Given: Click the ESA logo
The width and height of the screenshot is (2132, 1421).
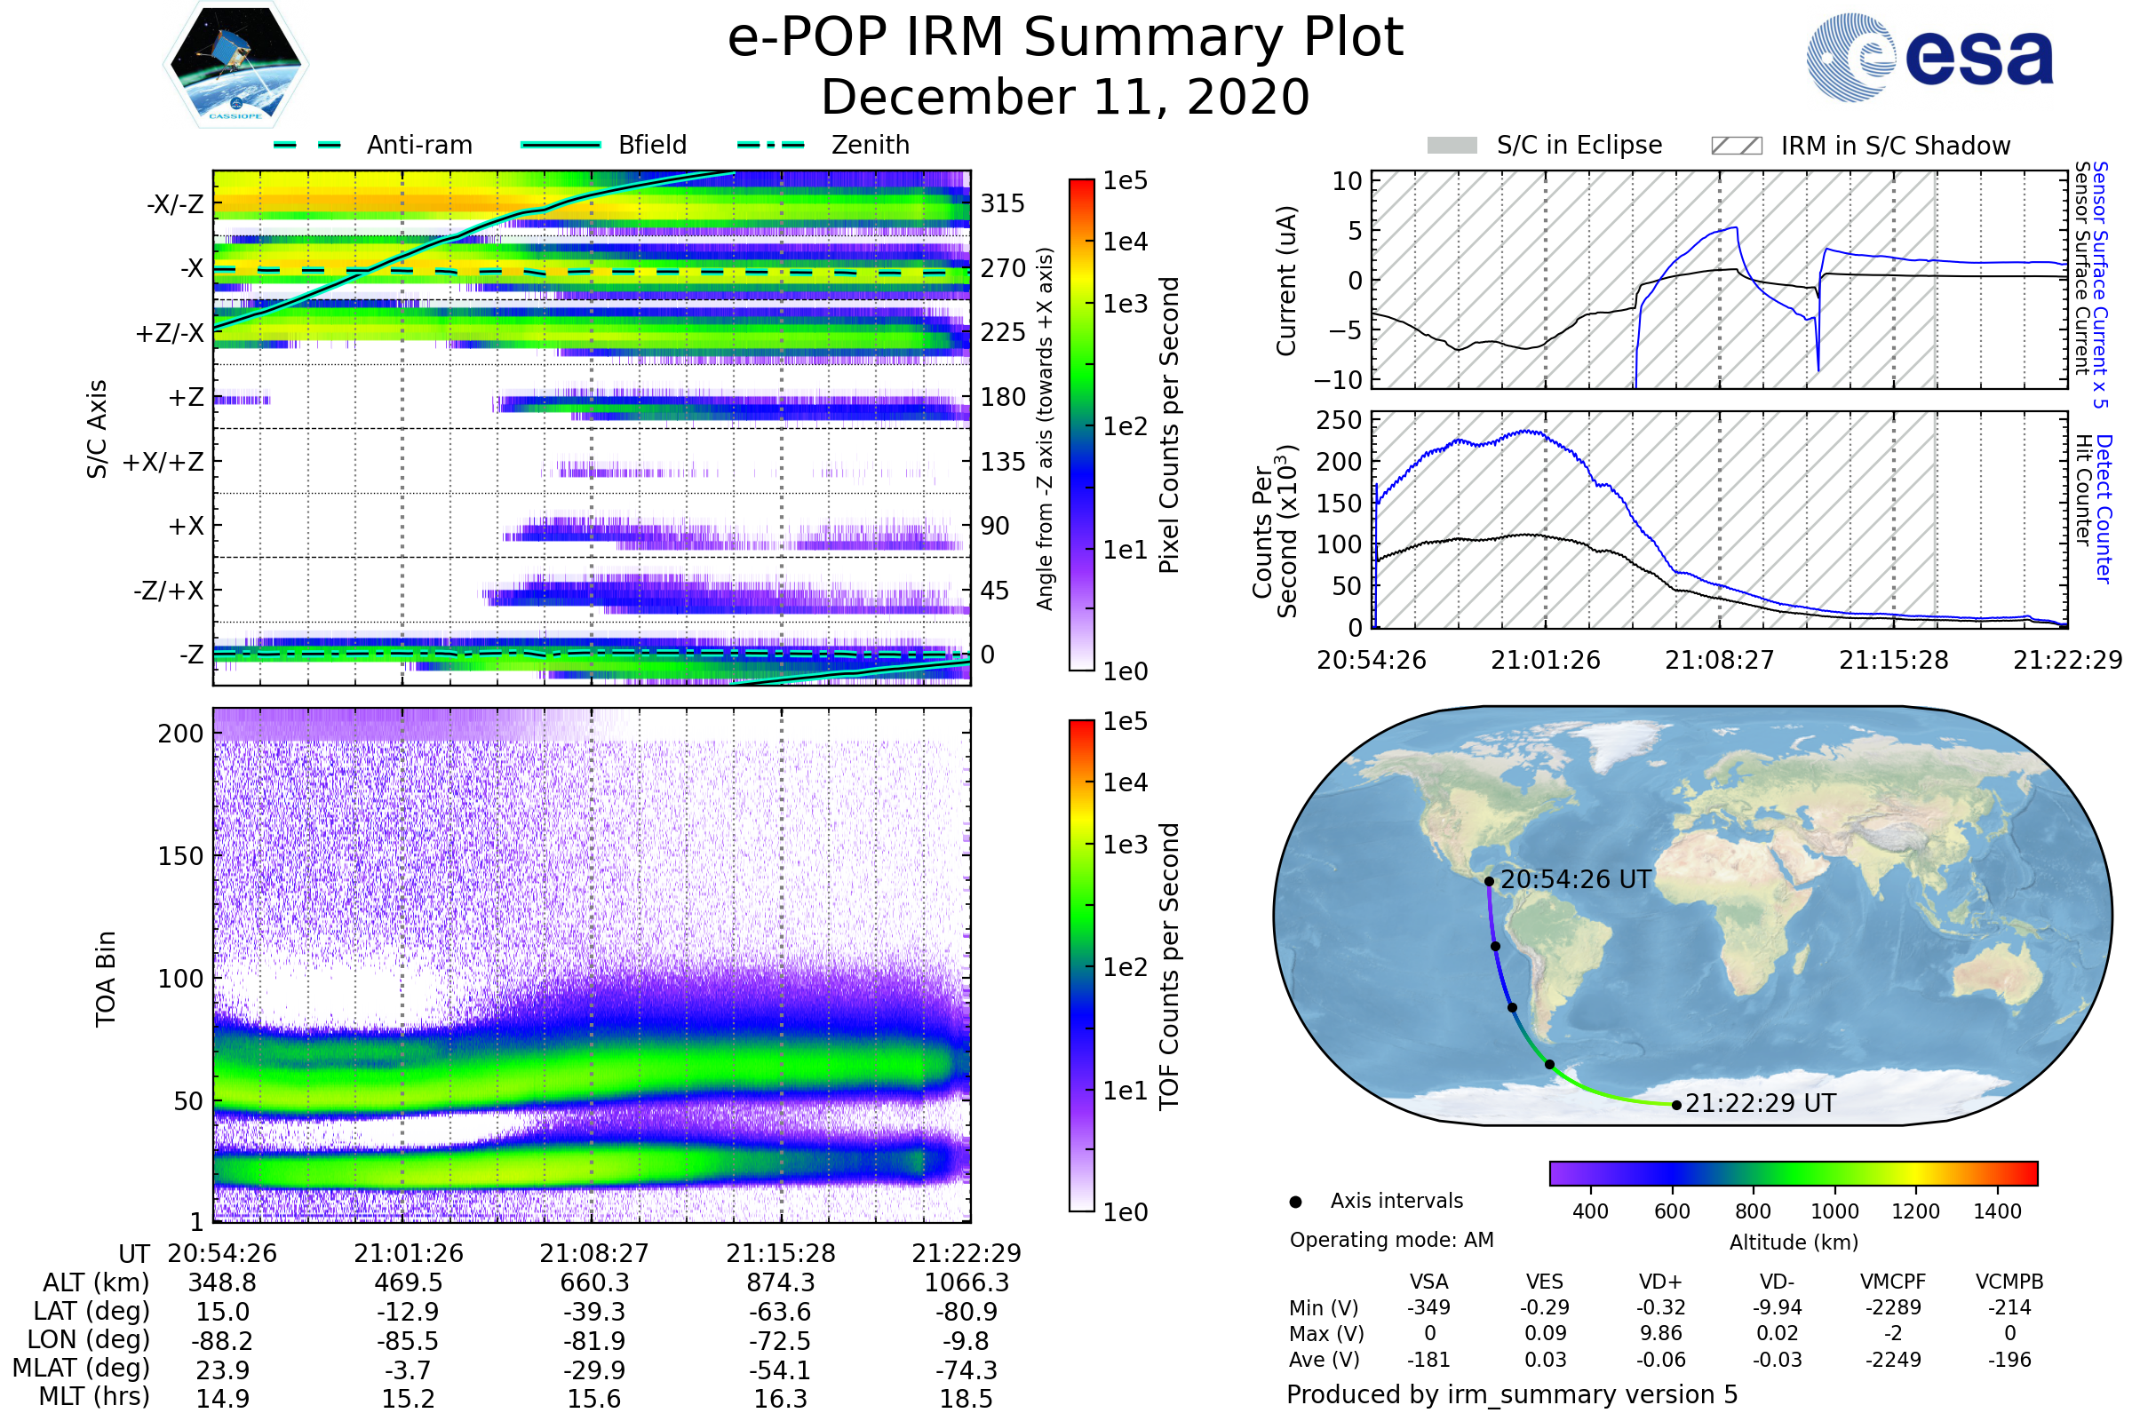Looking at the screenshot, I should point(1930,57).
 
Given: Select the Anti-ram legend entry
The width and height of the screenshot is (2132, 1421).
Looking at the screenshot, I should point(418,145).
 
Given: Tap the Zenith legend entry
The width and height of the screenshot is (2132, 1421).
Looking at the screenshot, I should point(870,145).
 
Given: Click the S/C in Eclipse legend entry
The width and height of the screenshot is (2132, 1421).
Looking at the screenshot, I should point(1579,145).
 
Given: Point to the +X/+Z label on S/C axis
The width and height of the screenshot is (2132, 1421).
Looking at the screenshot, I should point(163,462).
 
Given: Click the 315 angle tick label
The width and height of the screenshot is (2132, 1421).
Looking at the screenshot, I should point(1002,203).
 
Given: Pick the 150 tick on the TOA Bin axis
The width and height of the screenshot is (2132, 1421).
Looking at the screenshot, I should point(180,856).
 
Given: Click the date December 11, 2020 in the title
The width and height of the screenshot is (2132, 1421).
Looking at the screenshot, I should point(1065,97).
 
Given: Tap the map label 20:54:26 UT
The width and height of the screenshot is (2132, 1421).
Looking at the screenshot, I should point(1575,879).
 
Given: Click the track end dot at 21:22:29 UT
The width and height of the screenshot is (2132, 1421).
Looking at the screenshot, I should point(1676,1105).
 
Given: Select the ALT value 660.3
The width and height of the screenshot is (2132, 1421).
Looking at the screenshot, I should point(593,1282).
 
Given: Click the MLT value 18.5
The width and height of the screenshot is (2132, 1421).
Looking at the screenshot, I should point(966,1398).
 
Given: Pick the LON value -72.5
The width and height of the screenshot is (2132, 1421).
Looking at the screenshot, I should point(780,1340).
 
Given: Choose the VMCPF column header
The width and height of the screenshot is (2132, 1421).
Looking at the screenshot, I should point(1893,1282).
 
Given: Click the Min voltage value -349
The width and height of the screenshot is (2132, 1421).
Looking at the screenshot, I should point(1428,1306).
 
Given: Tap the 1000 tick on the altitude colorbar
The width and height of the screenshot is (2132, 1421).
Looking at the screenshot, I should point(1834,1211).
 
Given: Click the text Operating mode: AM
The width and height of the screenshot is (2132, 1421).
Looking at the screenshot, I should point(1391,1240).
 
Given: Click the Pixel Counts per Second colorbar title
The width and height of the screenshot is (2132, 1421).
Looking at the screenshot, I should point(1169,425).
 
